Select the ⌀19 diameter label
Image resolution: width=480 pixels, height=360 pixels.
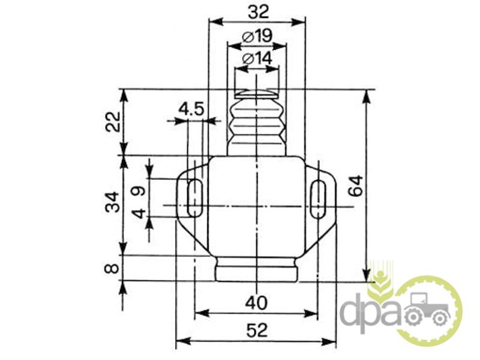(x=257, y=37)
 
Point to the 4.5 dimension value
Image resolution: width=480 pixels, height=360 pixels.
(x=191, y=109)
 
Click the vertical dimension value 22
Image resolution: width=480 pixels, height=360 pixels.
(x=113, y=122)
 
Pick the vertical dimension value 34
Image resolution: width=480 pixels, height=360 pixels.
(x=112, y=202)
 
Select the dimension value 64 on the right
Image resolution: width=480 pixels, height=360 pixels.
(x=356, y=185)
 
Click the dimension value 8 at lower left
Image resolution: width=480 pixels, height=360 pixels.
(x=112, y=268)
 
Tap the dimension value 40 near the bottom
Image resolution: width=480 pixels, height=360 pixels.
(x=256, y=303)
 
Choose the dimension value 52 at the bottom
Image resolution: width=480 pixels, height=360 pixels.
(x=257, y=331)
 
